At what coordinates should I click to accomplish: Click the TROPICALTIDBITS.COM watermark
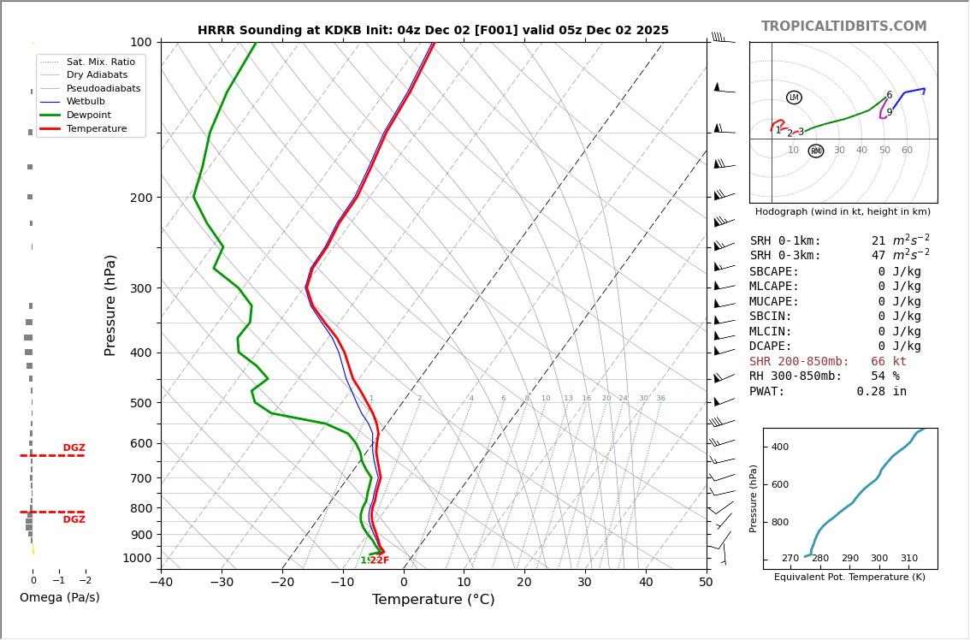[x=843, y=27]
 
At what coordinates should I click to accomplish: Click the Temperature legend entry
[x=96, y=128]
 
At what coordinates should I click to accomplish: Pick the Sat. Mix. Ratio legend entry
[x=100, y=62]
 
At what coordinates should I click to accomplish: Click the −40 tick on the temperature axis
[x=161, y=583]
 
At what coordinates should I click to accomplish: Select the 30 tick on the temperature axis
[x=585, y=583]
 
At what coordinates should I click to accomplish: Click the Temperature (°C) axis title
[x=433, y=600]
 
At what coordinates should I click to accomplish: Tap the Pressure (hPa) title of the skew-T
[x=110, y=305]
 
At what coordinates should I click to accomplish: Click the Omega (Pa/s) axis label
[x=59, y=598]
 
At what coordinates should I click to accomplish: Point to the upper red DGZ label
[x=74, y=448]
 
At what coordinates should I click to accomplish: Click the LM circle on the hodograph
[x=794, y=98]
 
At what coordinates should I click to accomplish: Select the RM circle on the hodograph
[x=816, y=151]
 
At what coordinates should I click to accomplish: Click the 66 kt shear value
[x=889, y=362]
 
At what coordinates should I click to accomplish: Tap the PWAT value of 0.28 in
[x=881, y=392]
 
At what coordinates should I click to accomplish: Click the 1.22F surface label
[x=375, y=560]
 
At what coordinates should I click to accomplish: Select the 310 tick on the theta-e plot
[x=908, y=559]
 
